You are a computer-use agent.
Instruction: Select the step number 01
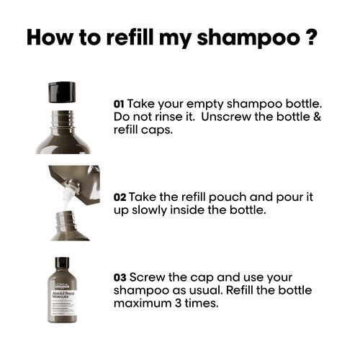click(x=120, y=104)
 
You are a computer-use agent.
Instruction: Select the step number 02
click(x=120, y=197)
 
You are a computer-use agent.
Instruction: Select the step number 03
click(x=120, y=277)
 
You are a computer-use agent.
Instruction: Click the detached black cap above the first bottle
click(x=62, y=91)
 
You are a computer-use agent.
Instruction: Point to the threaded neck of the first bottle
click(x=63, y=114)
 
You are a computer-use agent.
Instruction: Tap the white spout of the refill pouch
click(x=69, y=189)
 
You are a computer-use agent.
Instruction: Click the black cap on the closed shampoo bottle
click(x=62, y=263)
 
